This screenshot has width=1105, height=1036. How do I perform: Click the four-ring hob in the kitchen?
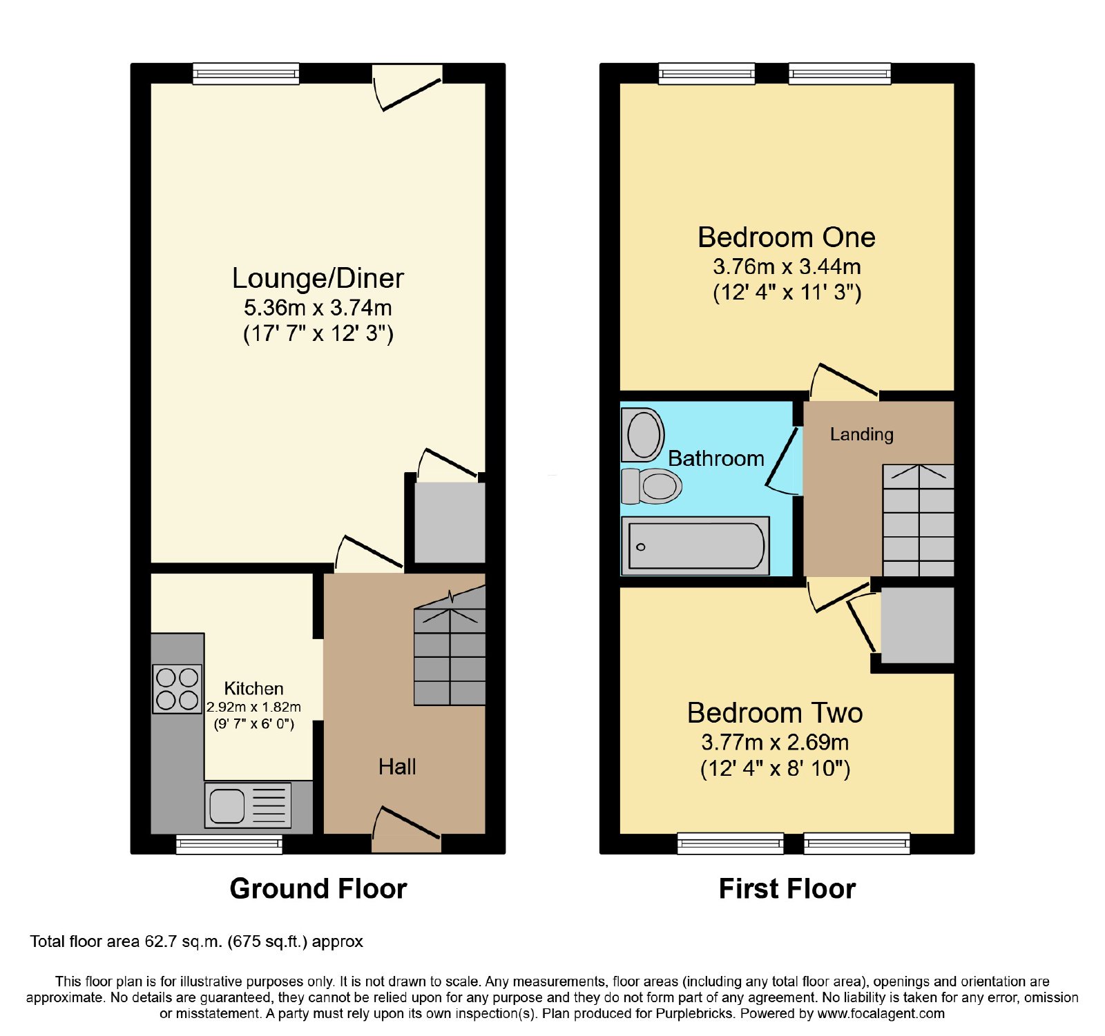click(177, 689)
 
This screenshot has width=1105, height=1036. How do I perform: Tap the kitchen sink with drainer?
click(248, 805)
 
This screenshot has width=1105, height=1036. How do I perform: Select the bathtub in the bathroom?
click(695, 546)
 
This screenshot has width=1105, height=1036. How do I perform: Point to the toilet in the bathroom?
click(651, 486)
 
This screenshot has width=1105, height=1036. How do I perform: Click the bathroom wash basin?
click(642, 434)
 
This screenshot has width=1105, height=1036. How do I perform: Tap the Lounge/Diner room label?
click(318, 278)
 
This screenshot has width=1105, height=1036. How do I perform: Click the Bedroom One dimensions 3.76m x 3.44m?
click(787, 266)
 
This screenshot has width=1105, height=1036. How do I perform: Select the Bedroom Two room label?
click(775, 713)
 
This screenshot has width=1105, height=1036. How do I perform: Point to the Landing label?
click(861, 434)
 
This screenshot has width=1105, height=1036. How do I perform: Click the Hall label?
click(397, 767)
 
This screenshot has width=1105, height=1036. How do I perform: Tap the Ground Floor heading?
click(318, 889)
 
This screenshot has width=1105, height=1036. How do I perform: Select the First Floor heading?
click(787, 889)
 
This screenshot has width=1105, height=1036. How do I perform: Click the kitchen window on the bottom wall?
click(229, 844)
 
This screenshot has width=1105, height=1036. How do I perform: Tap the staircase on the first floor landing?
click(919, 520)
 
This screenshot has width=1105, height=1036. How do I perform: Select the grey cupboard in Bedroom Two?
click(917, 625)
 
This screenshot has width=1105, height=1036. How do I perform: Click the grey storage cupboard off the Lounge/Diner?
click(450, 522)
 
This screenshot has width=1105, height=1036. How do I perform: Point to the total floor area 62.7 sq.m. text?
click(196, 942)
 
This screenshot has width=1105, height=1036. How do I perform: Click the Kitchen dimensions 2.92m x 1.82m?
click(253, 707)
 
